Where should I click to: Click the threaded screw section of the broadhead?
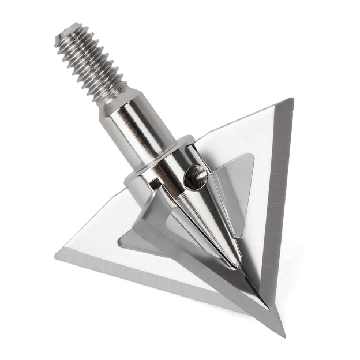pyautogui.click(x=92, y=63)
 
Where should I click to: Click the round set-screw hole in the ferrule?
pyautogui.click(x=196, y=175)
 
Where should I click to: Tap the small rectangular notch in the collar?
pyautogui.click(x=154, y=184)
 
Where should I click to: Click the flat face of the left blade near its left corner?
pyautogui.click(x=92, y=248)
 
